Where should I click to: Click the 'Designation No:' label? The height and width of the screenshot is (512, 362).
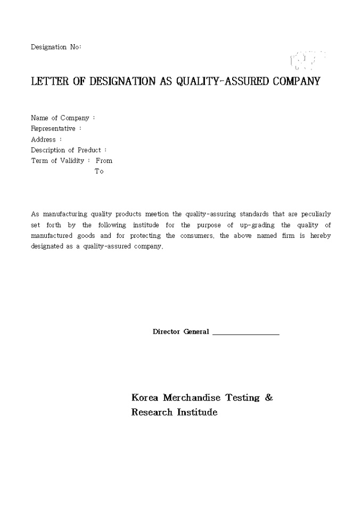56,47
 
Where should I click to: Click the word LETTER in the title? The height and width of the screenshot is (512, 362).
50,81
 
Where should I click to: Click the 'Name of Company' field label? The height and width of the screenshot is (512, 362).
60,118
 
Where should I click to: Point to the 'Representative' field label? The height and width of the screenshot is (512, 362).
53,129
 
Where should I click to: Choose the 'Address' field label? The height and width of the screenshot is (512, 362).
44,139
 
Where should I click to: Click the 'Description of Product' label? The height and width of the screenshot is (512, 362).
66,150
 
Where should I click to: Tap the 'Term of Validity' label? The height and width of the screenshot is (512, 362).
57,161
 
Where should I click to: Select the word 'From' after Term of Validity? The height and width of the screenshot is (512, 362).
104,161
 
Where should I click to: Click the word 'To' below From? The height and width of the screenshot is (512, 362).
99,171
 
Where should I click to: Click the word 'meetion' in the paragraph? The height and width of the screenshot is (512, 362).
157,214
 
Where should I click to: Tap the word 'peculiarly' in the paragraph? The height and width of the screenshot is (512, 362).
316,214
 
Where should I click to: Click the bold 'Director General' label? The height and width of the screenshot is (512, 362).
181,332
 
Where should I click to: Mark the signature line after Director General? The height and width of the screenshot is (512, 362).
246,334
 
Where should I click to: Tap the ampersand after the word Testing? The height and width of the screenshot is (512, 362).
269,398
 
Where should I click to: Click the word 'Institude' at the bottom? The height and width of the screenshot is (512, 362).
197,412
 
